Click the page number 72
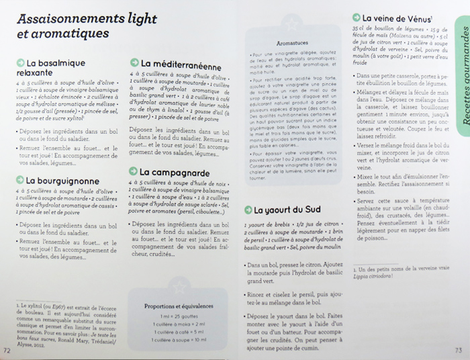pyautogui.click(x=7, y=350)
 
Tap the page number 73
pyautogui.click(x=458, y=350)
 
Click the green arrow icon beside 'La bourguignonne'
pyautogui.click(x=21, y=181)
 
